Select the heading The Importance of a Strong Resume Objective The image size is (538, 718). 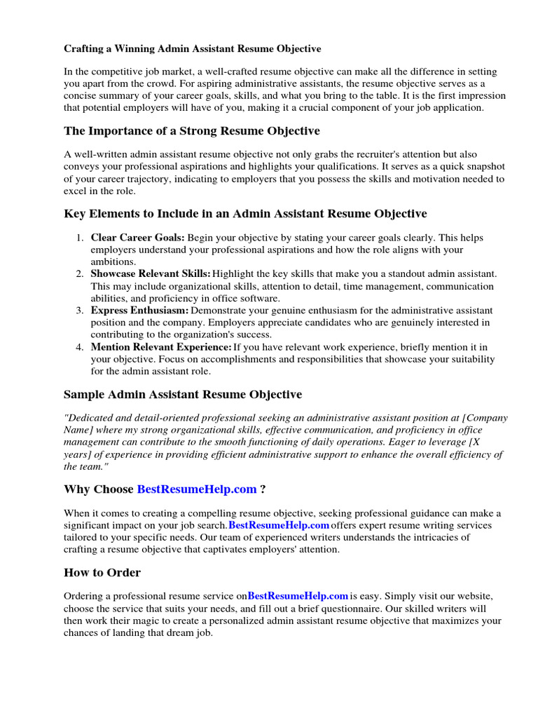point(191,131)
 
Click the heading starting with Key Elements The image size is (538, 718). point(245,213)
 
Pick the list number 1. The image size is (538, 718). point(80,238)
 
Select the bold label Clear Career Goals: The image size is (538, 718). point(137,238)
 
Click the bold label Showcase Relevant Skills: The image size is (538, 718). point(150,273)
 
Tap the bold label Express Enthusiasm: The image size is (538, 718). point(139,310)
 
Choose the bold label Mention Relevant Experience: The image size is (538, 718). point(161,347)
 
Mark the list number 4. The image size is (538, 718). point(80,347)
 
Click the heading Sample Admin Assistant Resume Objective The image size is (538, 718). point(183,395)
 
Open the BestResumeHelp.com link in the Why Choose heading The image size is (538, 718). point(197,489)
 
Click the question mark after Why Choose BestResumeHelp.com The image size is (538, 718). point(263,489)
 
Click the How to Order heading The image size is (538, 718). point(102,572)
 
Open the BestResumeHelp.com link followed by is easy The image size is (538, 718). point(298,596)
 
